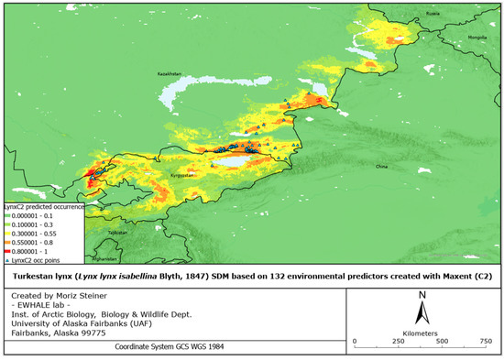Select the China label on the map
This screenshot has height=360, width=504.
(382, 167)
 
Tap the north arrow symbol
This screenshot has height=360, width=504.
(421, 310)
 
